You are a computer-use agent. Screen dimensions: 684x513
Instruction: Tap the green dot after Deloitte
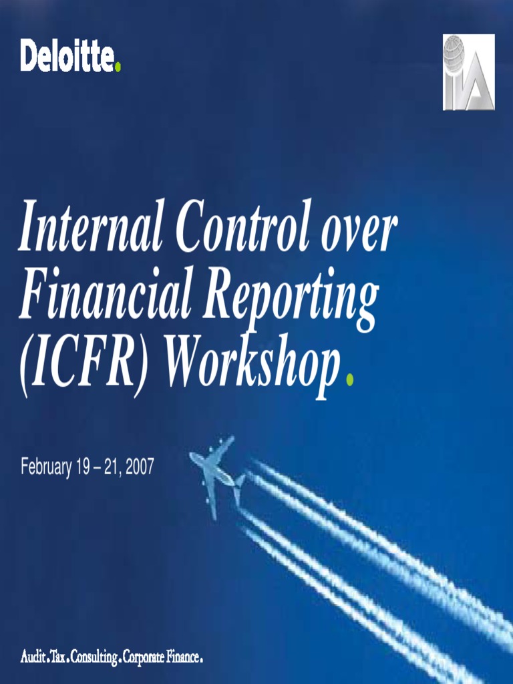tap(119, 67)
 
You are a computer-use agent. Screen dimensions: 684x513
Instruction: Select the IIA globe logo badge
tap(469, 72)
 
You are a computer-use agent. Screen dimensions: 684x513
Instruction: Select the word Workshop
tap(251, 368)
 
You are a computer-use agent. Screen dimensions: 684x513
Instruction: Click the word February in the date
tap(45, 467)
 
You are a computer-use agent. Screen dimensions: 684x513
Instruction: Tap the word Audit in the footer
tap(33, 658)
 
